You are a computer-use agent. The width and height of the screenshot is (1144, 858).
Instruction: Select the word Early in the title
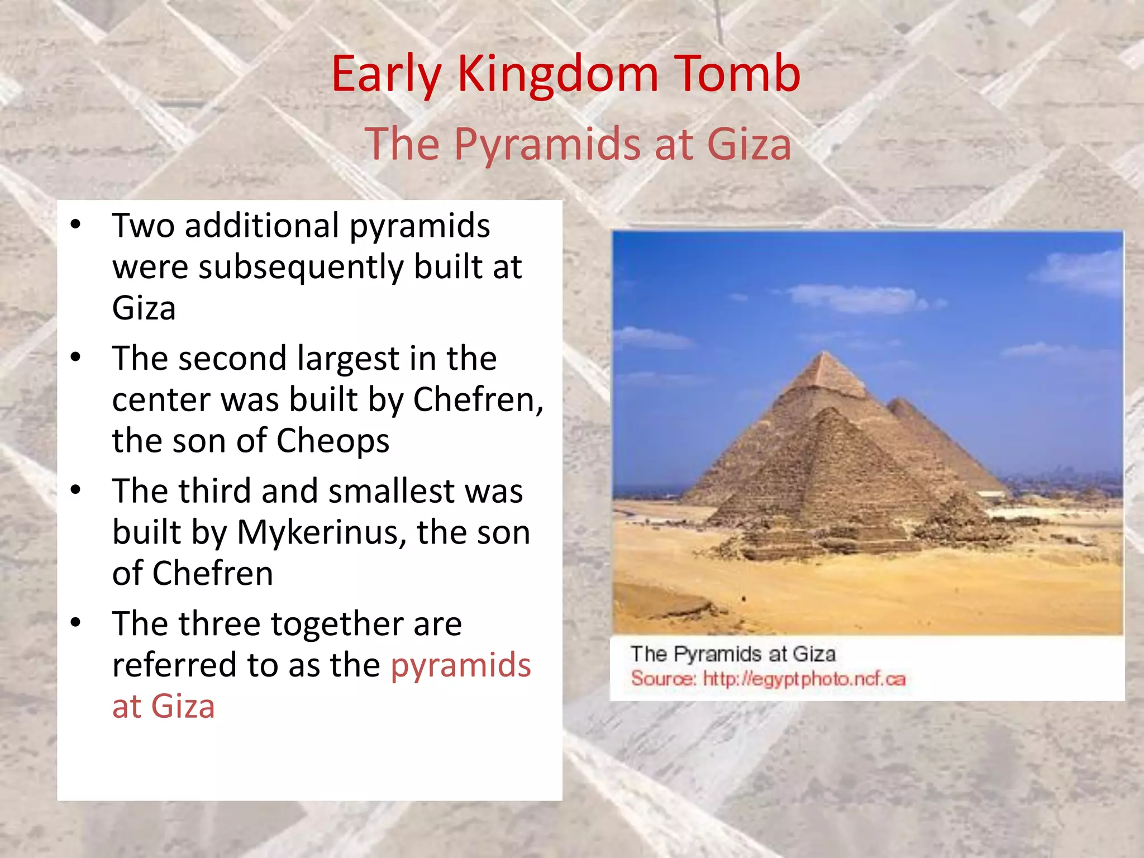pyautogui.click(x=386, y=75)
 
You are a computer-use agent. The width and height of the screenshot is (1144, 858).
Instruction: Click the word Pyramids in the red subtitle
pyautogui.click(x=546, y=145)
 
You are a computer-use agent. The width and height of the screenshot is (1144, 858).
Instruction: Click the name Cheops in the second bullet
pyautogui.click(x=333, y=441)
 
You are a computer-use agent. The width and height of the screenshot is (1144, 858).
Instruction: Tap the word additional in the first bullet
pyautogui.click(x=262, y=226)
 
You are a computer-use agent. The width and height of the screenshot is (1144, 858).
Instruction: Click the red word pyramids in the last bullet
pyautogui.click(x=461, y=665)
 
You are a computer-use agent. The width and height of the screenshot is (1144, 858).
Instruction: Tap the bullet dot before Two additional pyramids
pyautogui.click(x=76, y=225)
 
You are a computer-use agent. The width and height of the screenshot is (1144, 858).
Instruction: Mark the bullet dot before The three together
pyautogui.click(x=76, y=622)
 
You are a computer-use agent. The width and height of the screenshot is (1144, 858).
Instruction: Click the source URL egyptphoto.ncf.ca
pyautogui.click(x=804, y=679)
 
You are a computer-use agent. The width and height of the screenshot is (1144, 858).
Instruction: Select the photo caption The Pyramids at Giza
pyautogui.click(x=733, y=654)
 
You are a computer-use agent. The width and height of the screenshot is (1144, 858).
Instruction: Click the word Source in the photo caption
pyautogui.click(x=662, y=679)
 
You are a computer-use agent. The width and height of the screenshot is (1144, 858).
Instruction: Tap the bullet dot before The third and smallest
pyautogui.click(x=76, y=490)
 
